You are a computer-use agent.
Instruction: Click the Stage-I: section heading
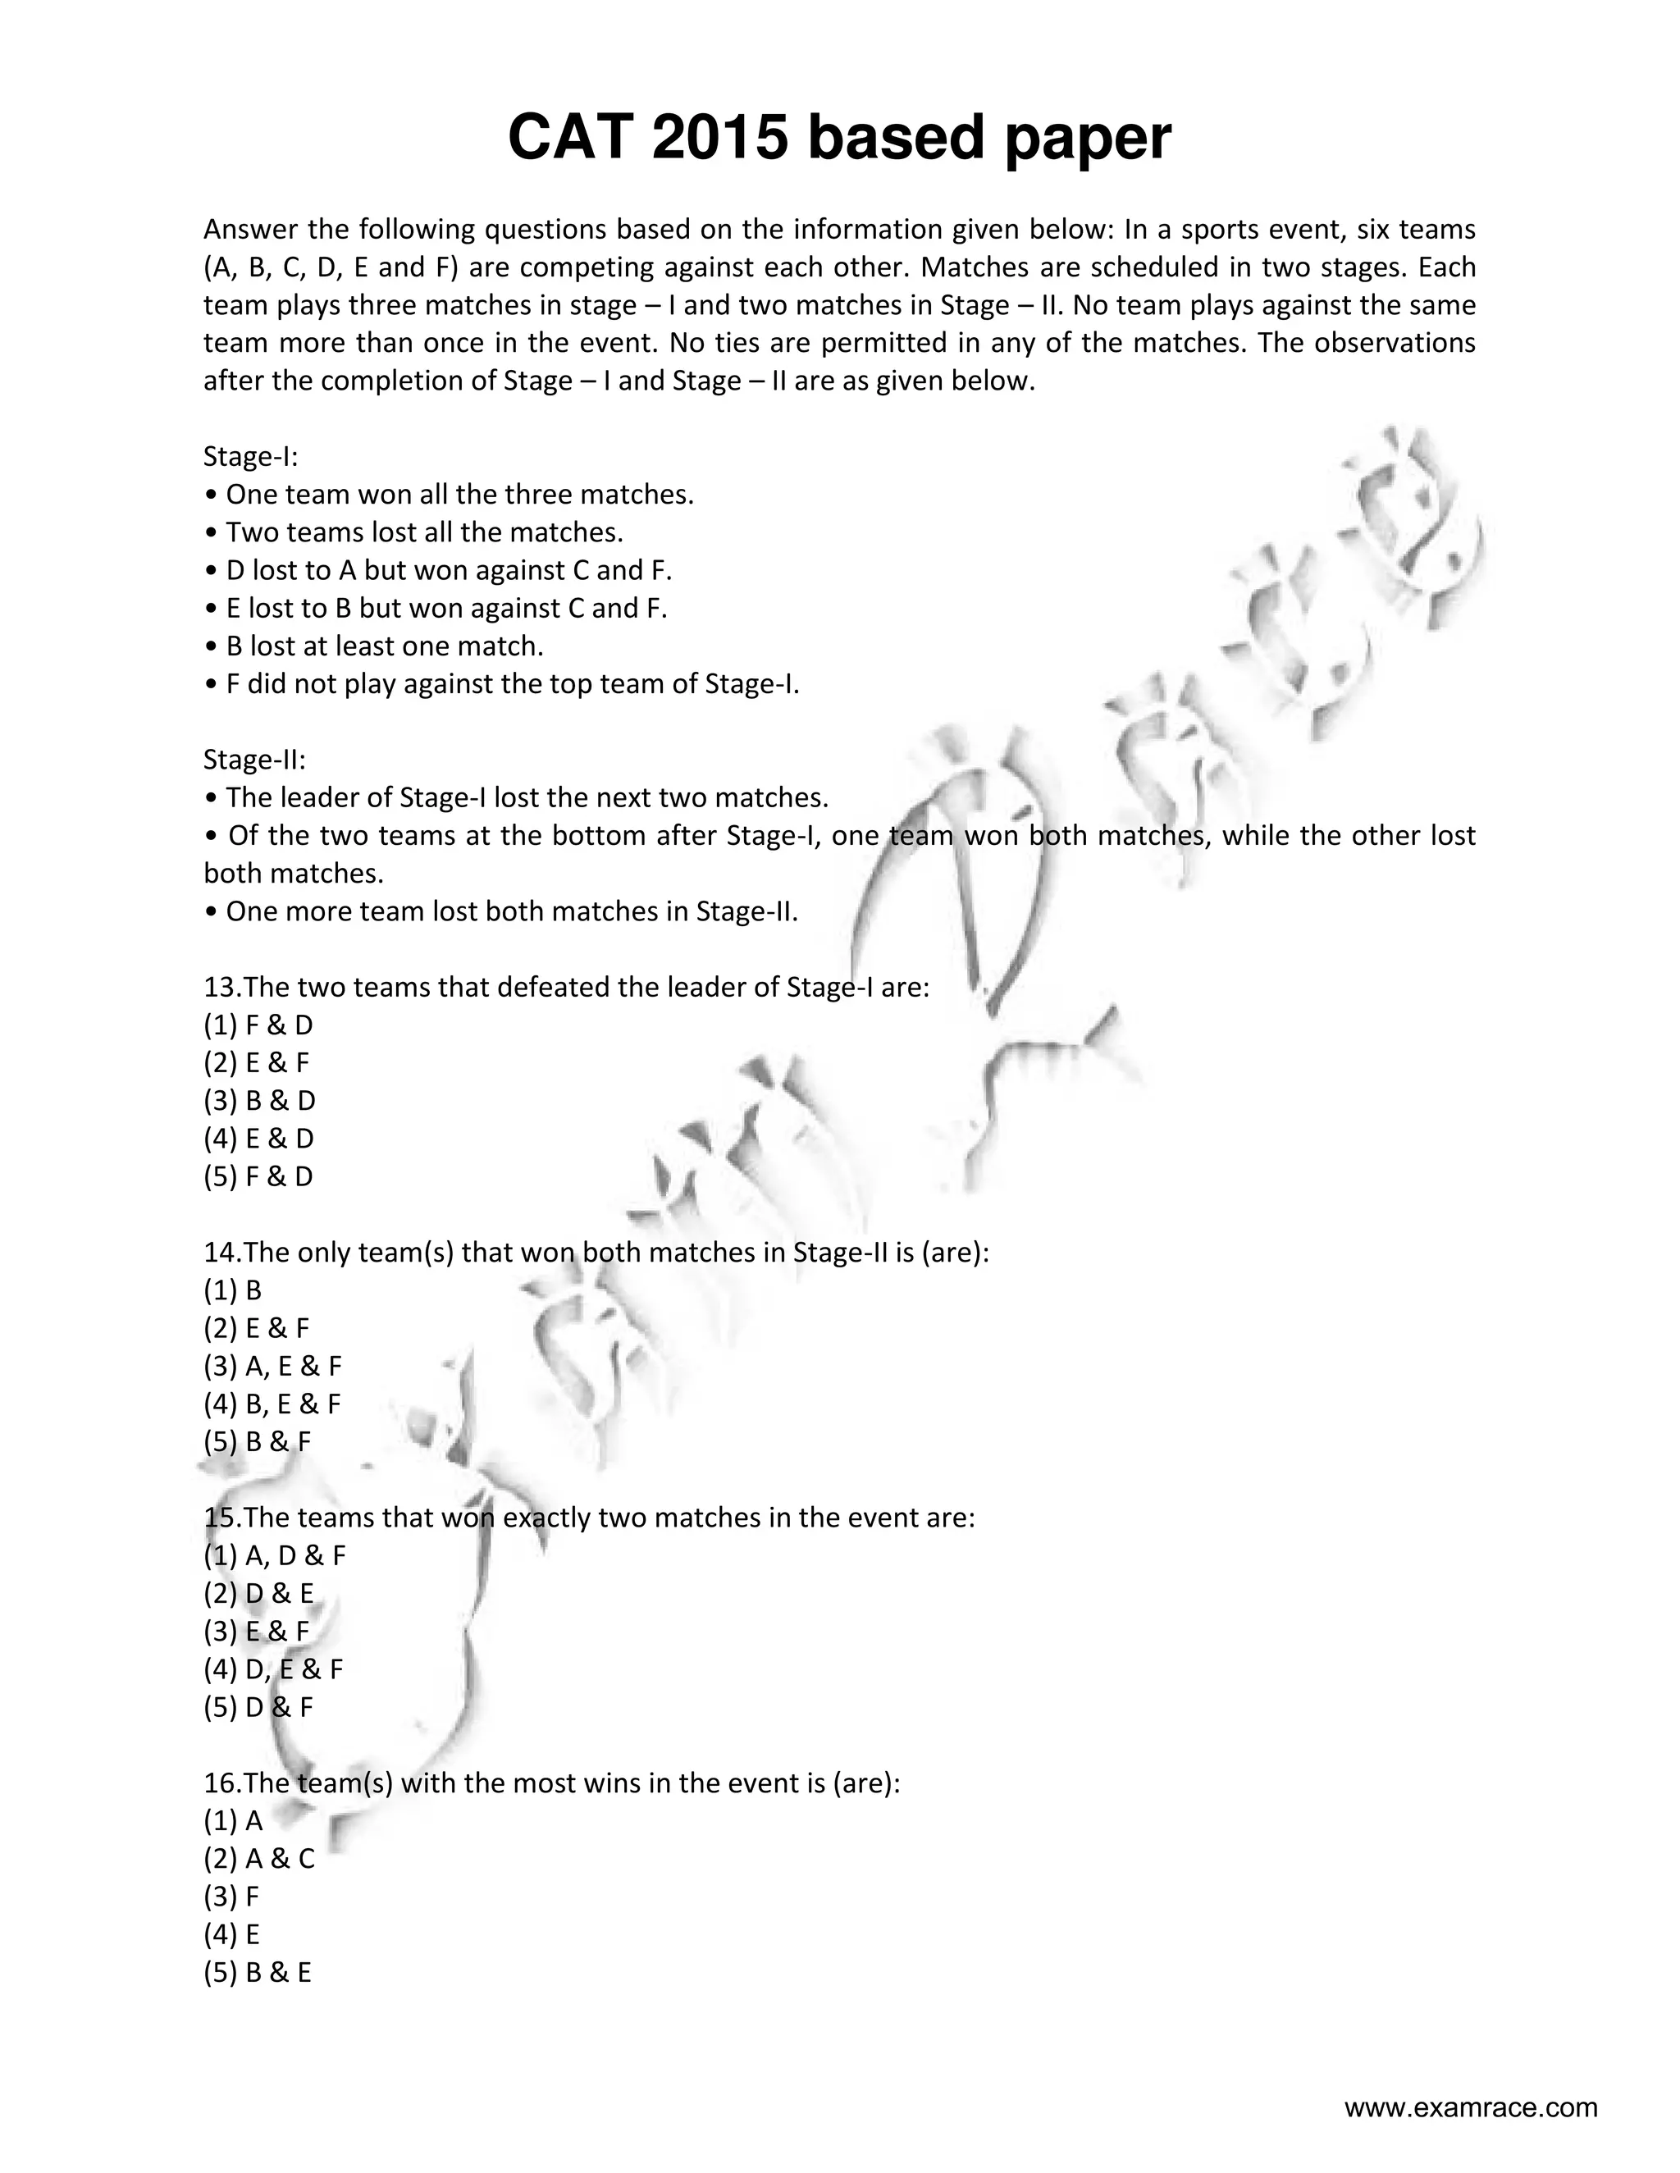coord(251,457)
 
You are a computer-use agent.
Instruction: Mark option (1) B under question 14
coord(233,1291)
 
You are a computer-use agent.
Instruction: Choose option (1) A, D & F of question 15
coord(275,1556)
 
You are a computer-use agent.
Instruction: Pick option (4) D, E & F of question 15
coord(274,1669)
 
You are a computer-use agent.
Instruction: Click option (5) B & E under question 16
coord(258,1973)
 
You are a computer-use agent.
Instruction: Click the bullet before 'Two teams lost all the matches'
coord(210,533)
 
